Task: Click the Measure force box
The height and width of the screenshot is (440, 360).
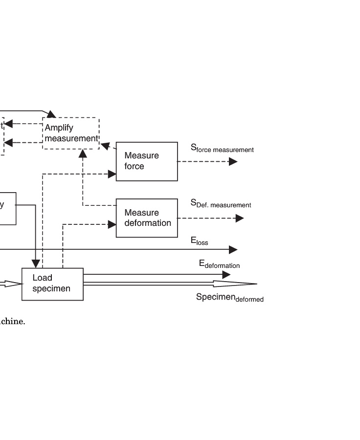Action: (x=147, y=161)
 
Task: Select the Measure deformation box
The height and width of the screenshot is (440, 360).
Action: (x=147, y=218)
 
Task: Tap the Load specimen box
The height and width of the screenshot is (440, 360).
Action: (x=52, y=284)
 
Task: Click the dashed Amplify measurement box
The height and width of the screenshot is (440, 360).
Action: (x=71, y=133)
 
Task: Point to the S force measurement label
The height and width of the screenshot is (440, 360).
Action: (x=222, y=148)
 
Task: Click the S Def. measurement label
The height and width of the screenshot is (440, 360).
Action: (x=221, y=203)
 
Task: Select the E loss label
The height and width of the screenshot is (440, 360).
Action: (x=200, y=241)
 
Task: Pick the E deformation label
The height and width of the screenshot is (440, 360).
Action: (x=219, y=264)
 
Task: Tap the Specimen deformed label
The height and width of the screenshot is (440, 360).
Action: (x=229, y=298)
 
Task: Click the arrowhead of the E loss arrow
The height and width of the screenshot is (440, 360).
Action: (x=233, y=250)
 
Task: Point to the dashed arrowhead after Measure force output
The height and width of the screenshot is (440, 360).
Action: (x=233, y=161)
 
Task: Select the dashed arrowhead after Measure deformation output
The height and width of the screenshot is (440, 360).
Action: (x=239, y=219)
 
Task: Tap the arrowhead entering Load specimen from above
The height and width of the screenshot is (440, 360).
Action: (x=36, y=264)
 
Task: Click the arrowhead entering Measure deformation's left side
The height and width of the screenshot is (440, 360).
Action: (x=112, y=224)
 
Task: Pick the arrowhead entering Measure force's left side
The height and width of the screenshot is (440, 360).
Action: (x=112, y=174)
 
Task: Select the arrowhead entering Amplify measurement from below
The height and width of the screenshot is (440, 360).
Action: (x=83, y=154)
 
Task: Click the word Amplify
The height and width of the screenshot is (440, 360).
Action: (x=59, y=128)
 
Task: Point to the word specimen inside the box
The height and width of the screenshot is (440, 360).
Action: (x=51, y=289)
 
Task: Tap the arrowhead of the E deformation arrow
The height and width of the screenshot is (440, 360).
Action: (x=226, y=275)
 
